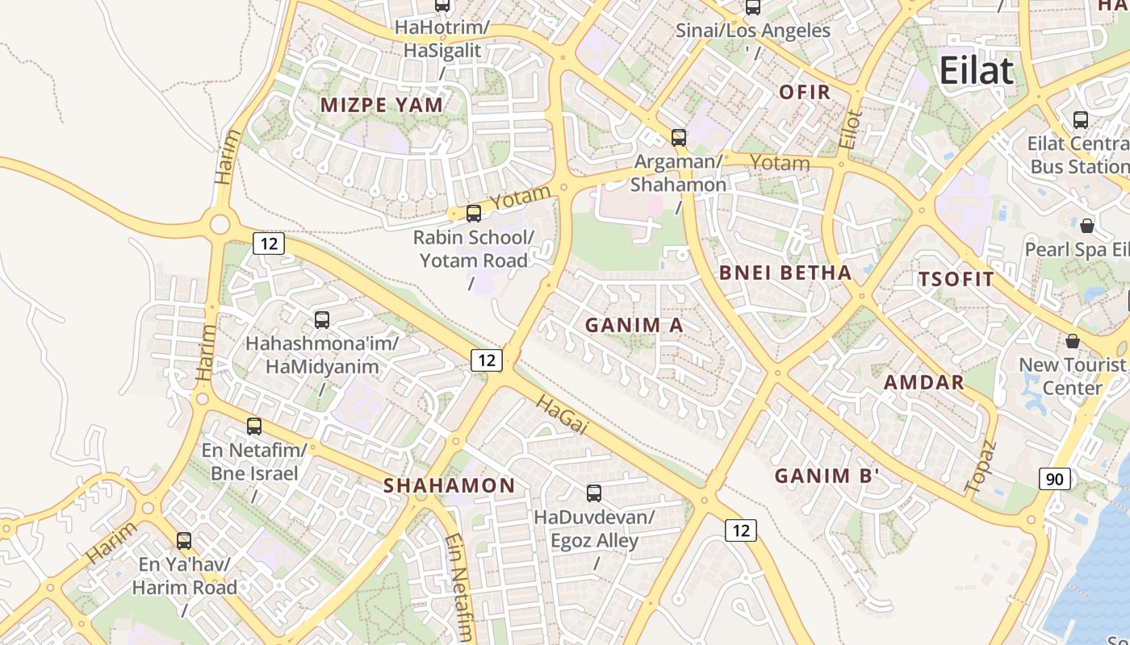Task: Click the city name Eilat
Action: (976, 71)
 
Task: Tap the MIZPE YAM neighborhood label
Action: (382, 105)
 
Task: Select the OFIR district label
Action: (805, 92)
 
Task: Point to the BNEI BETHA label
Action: (785, 273)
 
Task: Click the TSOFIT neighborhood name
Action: (956, 280)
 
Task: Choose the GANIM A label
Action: (634, 325)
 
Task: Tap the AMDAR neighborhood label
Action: (924, 382)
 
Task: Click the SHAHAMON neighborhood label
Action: (449, 485)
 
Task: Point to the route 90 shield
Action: (1054, 479)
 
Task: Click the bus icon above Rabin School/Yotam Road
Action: (474, 214)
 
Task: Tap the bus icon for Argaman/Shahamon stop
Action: (679, 138)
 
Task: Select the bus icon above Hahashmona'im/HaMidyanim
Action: (322, 320)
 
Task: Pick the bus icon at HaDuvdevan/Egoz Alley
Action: (594, 493)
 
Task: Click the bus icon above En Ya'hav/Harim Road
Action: (184, 541)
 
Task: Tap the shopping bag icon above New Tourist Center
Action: (1073, 341)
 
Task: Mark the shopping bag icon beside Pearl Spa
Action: (1087, 225)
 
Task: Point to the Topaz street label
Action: (981, 466)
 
